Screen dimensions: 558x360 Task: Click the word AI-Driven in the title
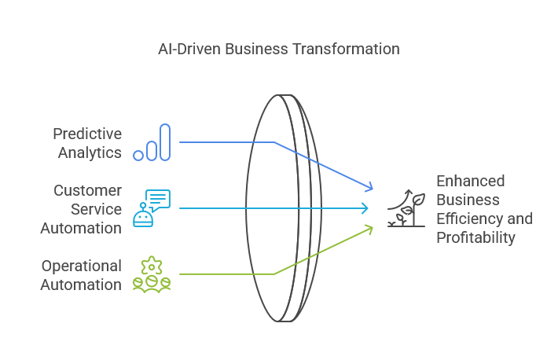[x=188, y=49]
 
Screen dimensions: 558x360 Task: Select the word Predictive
[x=87, y=134]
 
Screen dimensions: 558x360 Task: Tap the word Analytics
[x=90, y=152]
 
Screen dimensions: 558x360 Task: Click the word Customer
[x=87, y=190]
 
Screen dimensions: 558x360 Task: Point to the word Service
[x=96, y=209]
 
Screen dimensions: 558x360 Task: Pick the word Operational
[x=82, y=266]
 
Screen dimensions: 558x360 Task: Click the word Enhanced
[x=471, y=181]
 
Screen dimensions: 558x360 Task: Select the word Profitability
[x=475, y=237]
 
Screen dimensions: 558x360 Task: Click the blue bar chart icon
[x=152, y=142]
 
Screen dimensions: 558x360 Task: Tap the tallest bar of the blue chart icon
[x=165, y=142]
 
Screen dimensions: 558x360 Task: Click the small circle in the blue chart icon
[x=138, y=156]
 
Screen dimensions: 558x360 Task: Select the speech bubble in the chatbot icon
[x=158, y=200]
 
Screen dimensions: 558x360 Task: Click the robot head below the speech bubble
[x=143, y=218]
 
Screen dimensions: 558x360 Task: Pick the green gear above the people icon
[x=152, y=266]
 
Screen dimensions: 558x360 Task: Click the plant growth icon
[x=406, y=208]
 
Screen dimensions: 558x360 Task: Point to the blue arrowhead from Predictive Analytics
[x=369, y=186]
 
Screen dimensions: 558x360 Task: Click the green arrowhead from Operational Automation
[x=369, y=230]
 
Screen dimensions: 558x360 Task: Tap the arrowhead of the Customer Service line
[x=365, y=208]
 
